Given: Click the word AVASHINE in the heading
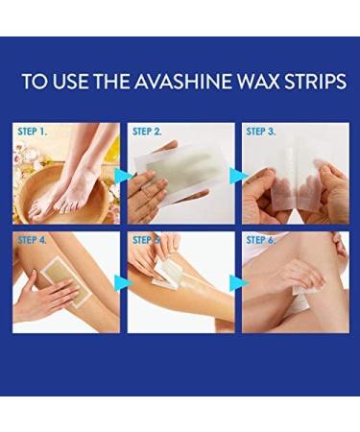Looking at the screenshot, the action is point(182,82).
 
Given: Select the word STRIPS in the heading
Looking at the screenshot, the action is point(316,82).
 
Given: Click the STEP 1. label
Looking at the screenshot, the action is point(33,132).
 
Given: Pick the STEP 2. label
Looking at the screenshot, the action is point(147,132).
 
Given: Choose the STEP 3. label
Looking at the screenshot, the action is point(261,132).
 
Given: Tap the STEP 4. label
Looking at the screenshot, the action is point(33,240).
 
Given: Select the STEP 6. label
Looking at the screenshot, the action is point(261,240).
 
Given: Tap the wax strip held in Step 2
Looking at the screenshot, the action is point(180,171).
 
